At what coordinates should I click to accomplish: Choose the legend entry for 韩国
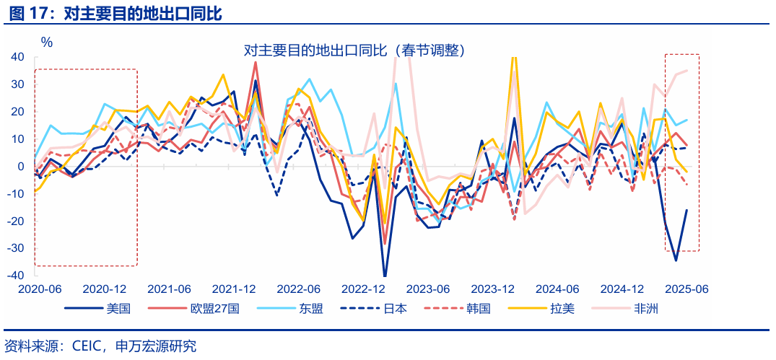(x=478, y=309)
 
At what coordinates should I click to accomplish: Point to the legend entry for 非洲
(x=645, y=309)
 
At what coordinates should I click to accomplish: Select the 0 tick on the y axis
(x=21, y=166)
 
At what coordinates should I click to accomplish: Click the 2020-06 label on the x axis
(x=41, y=289)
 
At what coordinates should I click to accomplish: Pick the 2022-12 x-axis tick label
(x=364, y=289)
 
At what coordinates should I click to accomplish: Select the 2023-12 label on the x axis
(x=493, y=289)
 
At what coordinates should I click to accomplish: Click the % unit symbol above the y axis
(x=47, y=42)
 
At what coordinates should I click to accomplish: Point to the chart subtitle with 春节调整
(x=354, y=50)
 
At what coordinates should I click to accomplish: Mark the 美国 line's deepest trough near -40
(x=385, y=275)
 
